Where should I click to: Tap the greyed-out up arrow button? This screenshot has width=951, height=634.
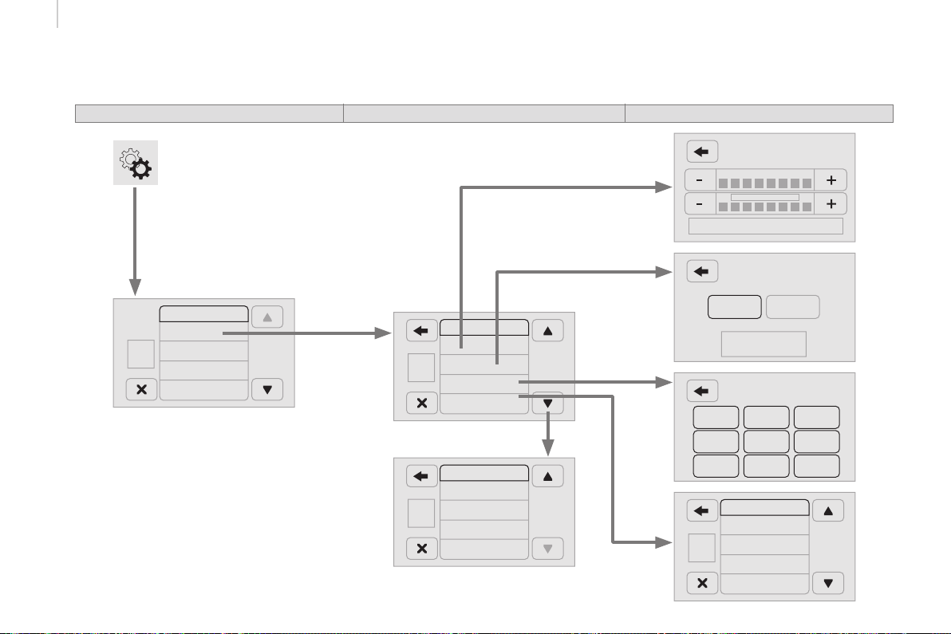[x=267, y=317]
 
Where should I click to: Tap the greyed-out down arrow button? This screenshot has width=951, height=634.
[x=547, y=549]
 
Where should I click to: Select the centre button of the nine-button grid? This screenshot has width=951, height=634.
[x=766, y=442]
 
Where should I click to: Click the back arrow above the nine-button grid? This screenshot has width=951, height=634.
[x=702, y=391]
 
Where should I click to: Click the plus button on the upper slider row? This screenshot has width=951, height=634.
[x=831, y=180]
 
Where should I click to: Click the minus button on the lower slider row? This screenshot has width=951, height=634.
[x=700, y=204]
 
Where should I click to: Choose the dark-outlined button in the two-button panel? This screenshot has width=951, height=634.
[x=734, y=307]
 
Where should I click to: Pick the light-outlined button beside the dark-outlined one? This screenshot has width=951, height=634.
[x=792, y=307]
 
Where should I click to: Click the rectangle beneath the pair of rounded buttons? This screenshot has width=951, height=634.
[x=764, y=344]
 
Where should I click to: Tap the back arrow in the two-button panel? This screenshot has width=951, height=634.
[x=702, y=271]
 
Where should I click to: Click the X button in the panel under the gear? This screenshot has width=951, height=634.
[x=142, y=390]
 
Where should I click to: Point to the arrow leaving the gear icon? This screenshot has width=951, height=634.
[x=136, y=239]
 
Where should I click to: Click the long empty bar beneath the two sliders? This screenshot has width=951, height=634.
[x=765, y=226]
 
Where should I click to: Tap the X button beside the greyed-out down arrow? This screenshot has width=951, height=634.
[x=422, y=549]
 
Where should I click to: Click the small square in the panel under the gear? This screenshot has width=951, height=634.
[x=140, y=354]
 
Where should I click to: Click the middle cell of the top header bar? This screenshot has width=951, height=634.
[x=483, y=113]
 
